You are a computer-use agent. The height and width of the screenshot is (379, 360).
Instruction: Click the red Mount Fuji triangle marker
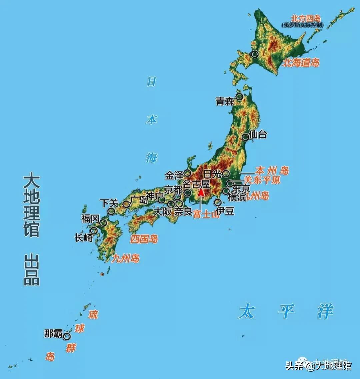(201, 192)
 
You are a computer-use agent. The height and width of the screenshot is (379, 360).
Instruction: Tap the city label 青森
(225, 102)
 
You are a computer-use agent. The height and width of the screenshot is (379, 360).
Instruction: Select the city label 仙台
(258, 135)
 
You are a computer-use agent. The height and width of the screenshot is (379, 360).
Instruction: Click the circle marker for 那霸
(67, 336)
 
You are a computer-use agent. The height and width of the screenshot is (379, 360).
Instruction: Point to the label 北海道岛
(301, 63)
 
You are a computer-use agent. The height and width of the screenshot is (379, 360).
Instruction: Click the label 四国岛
(144, 239)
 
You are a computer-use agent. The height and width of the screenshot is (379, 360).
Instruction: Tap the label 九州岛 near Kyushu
(126, 258)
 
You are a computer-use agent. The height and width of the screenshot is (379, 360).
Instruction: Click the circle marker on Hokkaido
(255, 54)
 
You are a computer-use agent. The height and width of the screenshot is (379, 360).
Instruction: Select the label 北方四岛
(306, 18)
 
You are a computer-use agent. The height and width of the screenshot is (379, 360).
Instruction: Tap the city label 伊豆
(225, 211)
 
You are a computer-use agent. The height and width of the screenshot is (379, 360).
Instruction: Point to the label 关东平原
(262, 180)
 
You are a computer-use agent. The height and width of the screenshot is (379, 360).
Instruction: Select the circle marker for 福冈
(103, 223)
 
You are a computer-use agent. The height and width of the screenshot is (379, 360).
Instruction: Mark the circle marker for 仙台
(245, 137)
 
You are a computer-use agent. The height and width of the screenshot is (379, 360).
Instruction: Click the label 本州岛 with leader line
(272, 171)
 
